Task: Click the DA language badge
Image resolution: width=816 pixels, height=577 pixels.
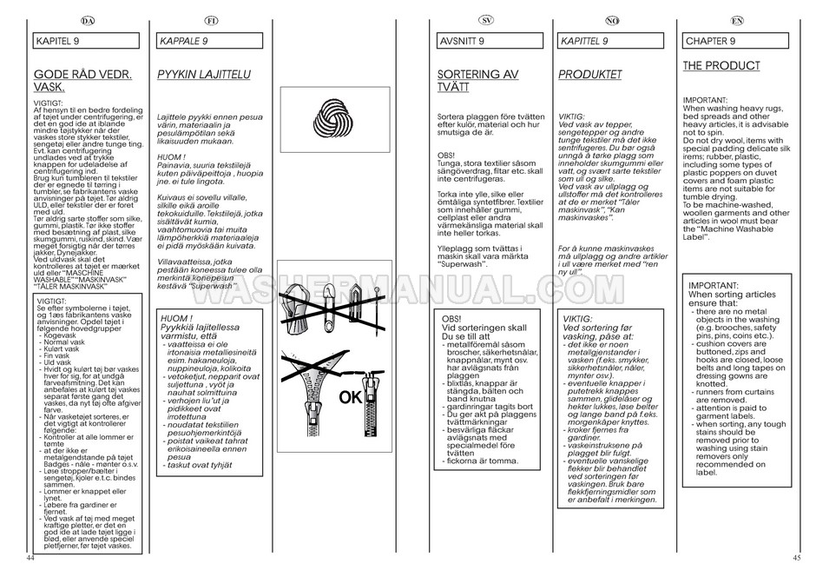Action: pos(87,20)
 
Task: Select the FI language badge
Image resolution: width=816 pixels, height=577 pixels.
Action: pos(211,20)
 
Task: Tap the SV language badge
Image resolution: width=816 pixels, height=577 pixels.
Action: pos(488,20)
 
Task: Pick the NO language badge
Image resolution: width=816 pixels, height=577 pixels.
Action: pos(611,20)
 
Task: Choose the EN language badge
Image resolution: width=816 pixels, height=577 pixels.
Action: pos(736,20)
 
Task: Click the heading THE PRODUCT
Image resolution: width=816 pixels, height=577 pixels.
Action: pos(721,66)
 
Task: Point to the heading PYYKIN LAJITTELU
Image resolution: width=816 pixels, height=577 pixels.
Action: pos(203,75)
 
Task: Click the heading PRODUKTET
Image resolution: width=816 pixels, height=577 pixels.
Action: pos(589,75)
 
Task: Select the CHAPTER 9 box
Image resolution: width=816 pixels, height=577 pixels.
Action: pos(737,41)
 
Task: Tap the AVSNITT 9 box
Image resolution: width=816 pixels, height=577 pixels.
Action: pos(489,41)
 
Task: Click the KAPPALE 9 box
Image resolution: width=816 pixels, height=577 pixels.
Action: pos(212,41)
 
